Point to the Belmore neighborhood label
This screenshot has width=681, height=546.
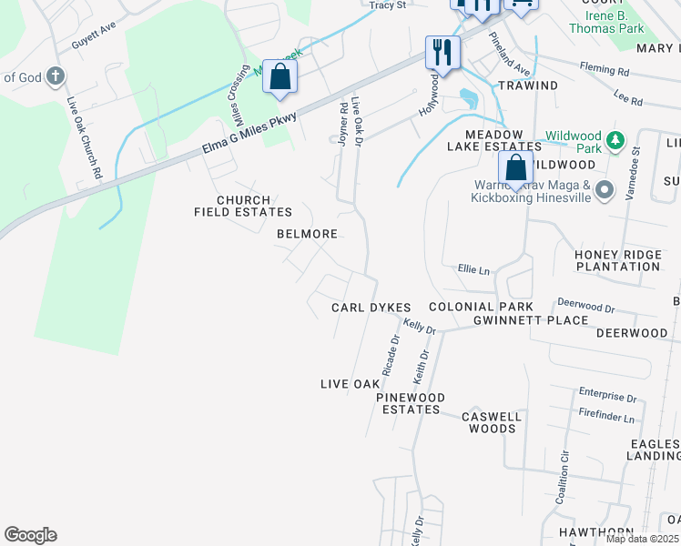(x=308, y=234)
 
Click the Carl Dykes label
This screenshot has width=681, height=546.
(x=371, y=308)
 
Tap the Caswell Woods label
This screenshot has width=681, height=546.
(x=491, y=422)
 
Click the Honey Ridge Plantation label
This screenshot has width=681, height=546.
(x=617, y=260)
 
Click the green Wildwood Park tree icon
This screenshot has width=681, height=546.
(x=616, y=140)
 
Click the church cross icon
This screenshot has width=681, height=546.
(x=55, y=77)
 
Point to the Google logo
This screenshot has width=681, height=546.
(x=30, y=535)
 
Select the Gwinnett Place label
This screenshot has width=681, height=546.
(x=517, y=320)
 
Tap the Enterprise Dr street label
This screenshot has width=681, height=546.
(x=607, y=397)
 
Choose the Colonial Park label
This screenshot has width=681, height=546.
(x=482, y=308)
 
